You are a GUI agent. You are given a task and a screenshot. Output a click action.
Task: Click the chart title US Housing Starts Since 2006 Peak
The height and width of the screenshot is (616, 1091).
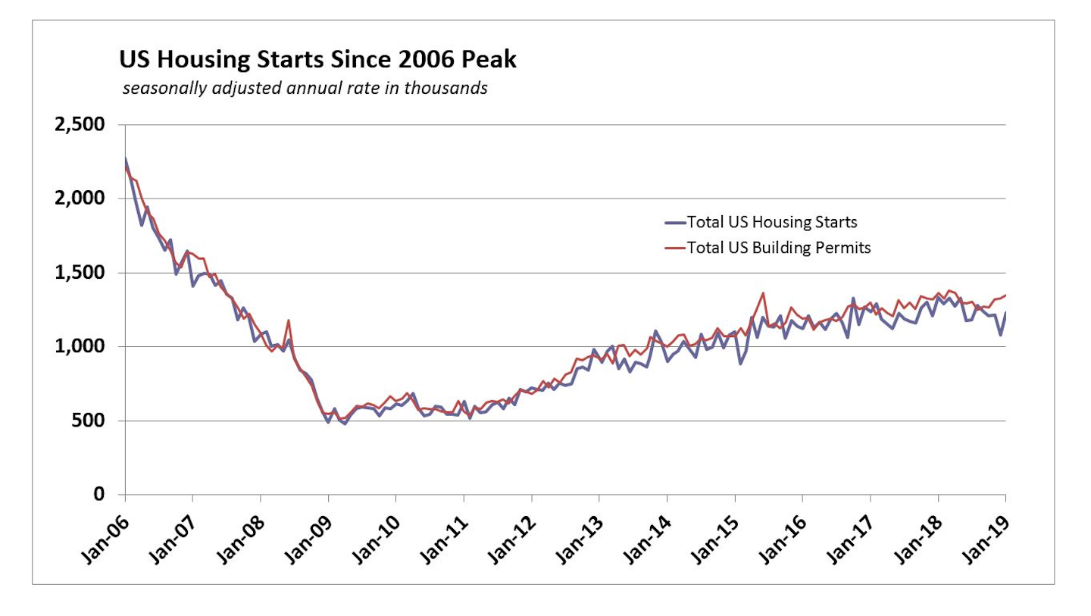tap(317, 59)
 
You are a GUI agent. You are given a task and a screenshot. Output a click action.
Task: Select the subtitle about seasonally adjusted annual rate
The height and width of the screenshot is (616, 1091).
tap(305, 89)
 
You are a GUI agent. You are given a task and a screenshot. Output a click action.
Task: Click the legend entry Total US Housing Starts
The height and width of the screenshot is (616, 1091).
tap(771, 222)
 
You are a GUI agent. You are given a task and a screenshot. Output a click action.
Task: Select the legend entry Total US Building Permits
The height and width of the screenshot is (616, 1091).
tap(778, 247)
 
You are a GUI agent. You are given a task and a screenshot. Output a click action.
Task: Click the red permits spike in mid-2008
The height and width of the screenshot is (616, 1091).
tap(289, 321)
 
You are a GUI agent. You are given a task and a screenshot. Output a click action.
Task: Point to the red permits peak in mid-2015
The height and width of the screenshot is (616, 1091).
tap(763, 293)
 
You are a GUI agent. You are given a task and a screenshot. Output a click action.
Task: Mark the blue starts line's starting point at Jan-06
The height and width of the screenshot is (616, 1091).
tap(125, 159)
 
